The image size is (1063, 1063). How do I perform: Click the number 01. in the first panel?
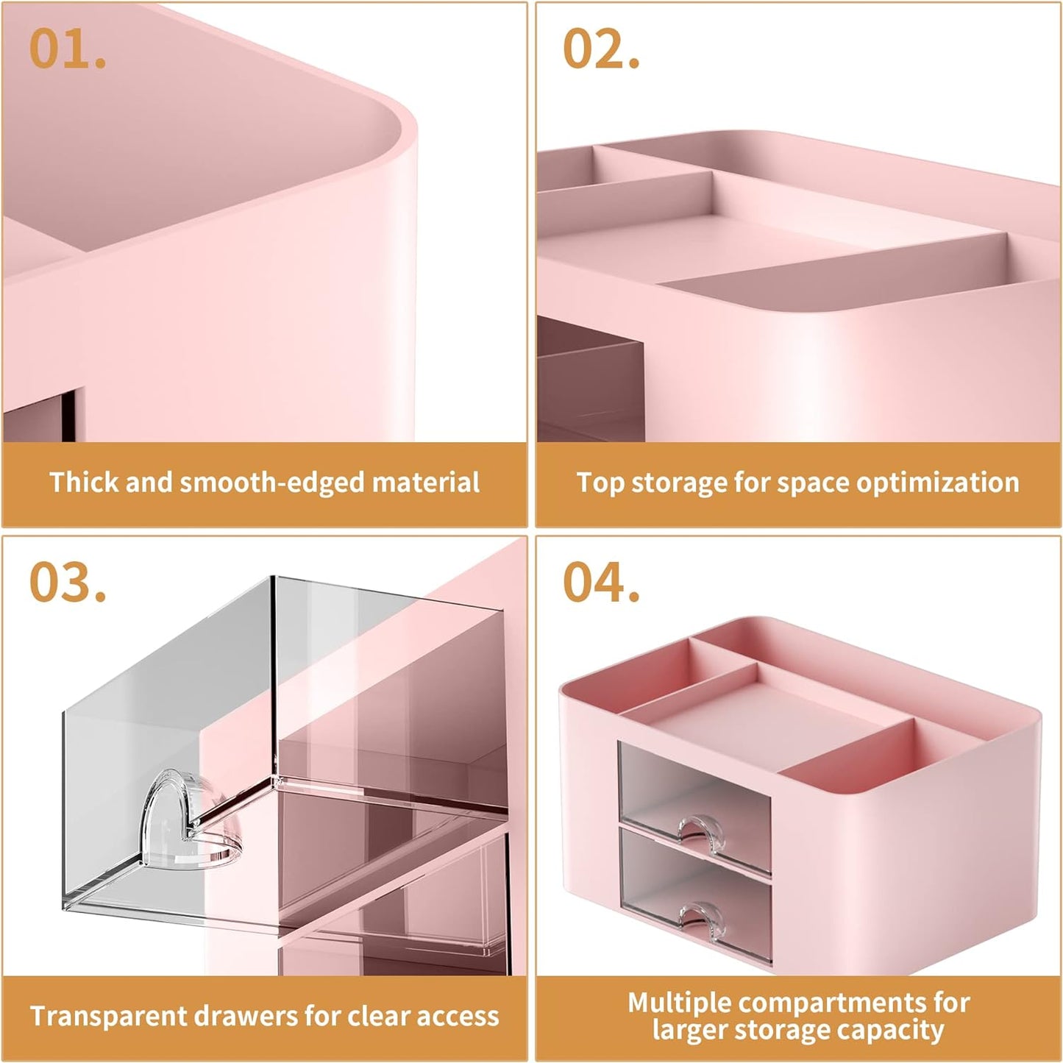point(67,49)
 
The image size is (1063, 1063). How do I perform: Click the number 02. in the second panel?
point(600,49)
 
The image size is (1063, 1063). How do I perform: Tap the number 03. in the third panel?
point(68,583)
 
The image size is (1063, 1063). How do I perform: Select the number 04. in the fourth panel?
point(600,583)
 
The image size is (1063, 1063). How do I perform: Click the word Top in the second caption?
point(600,483)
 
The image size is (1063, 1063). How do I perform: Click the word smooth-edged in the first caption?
point(272,483)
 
